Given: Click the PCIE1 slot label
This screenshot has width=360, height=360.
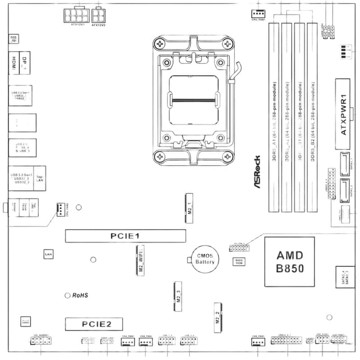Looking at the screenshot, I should tap(126, 236).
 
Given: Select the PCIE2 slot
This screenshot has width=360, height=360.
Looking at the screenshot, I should tap(94, 324).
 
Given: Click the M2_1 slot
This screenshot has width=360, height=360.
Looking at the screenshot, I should tap(189, 208).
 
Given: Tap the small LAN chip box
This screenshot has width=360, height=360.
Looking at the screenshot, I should tap(48, 255).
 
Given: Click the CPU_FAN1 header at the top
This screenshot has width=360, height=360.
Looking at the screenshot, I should tap(258, 13).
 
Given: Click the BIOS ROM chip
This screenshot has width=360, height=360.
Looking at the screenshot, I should tap(238, 261).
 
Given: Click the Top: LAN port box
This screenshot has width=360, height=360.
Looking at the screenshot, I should tap(40, 179).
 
